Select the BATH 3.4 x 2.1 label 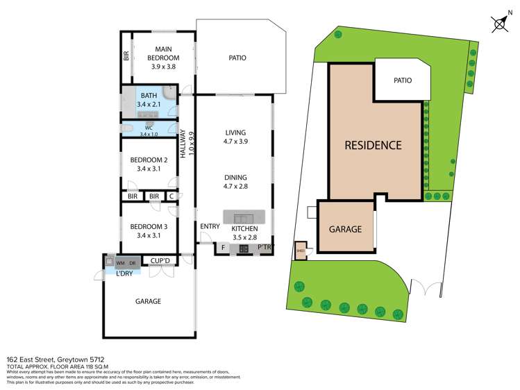[x=149, y=101]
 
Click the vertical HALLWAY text [x=184, y=145]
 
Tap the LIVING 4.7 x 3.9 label [x=236, y=137]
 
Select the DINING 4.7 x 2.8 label [x=236, y=181]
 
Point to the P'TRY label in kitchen [x=264, y=248]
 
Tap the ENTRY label [x=210, y=227]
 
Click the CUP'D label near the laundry [x=160, y=261]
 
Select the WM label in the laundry [x=120, y=262]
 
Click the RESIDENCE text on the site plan [x=374, y=146]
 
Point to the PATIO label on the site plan [x=403, y=80]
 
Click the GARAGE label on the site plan [x=345, y=228]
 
